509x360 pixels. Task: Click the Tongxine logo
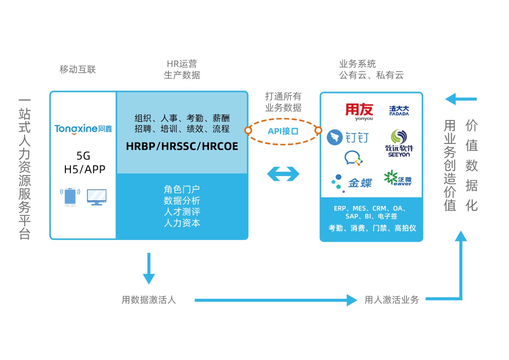[83, 129]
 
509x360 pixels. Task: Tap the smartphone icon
[70, 197]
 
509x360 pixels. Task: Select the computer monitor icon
[97, 197]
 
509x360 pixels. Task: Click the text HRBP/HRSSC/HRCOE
[182, 146]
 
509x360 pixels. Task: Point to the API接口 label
[283, 131]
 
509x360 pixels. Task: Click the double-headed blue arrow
[283, 174]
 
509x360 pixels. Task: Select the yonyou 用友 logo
[359, 111]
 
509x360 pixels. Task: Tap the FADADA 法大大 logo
[399, 111]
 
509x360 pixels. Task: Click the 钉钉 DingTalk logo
[348, 138]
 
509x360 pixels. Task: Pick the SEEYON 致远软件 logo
[399, 143]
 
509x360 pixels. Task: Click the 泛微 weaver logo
[398, 178]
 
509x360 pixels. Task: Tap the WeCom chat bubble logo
[353, 158]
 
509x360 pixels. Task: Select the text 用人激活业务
[392, 300]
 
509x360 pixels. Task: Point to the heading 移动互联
[78, 69]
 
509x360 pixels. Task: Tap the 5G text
[83, 156]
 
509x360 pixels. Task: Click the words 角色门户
[182, 189]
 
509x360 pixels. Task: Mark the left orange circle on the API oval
[248, 130]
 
